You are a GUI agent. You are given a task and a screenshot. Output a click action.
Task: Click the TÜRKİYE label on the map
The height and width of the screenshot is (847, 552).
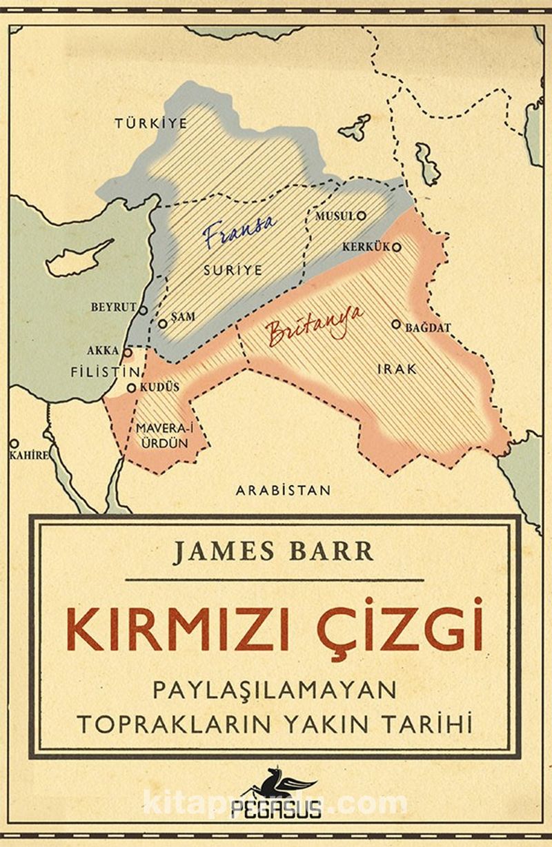(151, 123)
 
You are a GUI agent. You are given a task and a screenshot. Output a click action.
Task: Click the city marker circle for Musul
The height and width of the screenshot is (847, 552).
(361, 216)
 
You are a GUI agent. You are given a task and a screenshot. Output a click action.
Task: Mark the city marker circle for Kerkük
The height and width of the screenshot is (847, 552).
(396, 246)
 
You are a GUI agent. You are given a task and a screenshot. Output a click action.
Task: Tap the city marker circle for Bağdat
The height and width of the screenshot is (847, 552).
(396, 323)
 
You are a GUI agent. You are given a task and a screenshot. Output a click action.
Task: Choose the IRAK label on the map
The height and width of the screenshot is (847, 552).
(397, 369)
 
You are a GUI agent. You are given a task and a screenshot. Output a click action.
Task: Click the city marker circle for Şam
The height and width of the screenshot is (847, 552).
(163, 323)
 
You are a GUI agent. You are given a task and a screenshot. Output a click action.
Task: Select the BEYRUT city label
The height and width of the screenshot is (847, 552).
(113, 307)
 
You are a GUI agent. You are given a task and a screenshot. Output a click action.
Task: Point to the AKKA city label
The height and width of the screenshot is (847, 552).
(103, 351)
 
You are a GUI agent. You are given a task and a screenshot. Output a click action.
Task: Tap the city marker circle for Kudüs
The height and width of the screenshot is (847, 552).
(131, 388)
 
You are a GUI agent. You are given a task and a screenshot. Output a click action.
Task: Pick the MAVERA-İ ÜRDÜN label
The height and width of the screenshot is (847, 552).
(162, 436)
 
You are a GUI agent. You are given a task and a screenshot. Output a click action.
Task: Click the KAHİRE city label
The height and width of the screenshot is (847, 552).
(28, 456)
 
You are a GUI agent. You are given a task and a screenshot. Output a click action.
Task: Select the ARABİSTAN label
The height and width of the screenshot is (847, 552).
(283, 491)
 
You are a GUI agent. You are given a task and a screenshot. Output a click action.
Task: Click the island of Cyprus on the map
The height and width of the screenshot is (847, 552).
(77, 258)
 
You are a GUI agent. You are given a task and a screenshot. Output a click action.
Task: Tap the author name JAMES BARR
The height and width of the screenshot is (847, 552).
(273, 553)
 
